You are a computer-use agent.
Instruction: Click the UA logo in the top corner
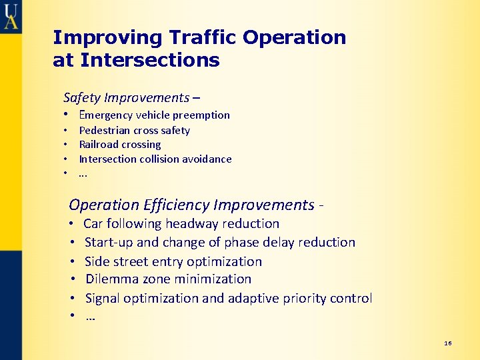pos(11,15)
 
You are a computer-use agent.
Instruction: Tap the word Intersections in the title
pos(149,61)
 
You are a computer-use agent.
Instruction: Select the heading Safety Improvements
pos(126,97)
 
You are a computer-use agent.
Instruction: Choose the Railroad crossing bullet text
pos(120,144)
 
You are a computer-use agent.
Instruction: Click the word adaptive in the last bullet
pos(252,298)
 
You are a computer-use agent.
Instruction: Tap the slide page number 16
pos(447,343)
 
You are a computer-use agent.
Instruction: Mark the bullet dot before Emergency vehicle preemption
pos(67,115)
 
